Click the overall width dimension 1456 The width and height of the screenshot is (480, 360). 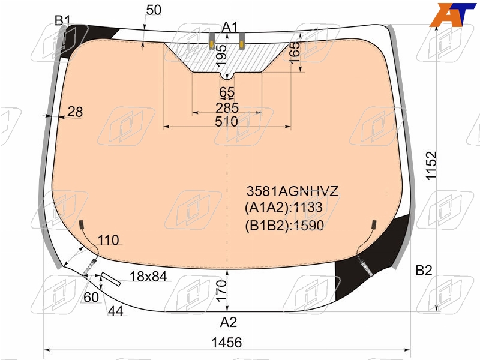coord(227,343)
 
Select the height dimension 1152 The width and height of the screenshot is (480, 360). coord(431,166)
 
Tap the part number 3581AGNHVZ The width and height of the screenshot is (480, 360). coord(292,191)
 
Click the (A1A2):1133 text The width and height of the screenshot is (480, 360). coord(283,208)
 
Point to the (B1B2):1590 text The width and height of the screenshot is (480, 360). coord(284,226)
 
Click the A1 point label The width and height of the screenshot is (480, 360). coord(230,27)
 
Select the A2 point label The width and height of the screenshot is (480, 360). coord(229,322)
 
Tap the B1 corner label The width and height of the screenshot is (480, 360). coord(62,20)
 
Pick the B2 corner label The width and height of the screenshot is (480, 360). coord(424,271)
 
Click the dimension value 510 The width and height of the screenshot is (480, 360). coord(227,122)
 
